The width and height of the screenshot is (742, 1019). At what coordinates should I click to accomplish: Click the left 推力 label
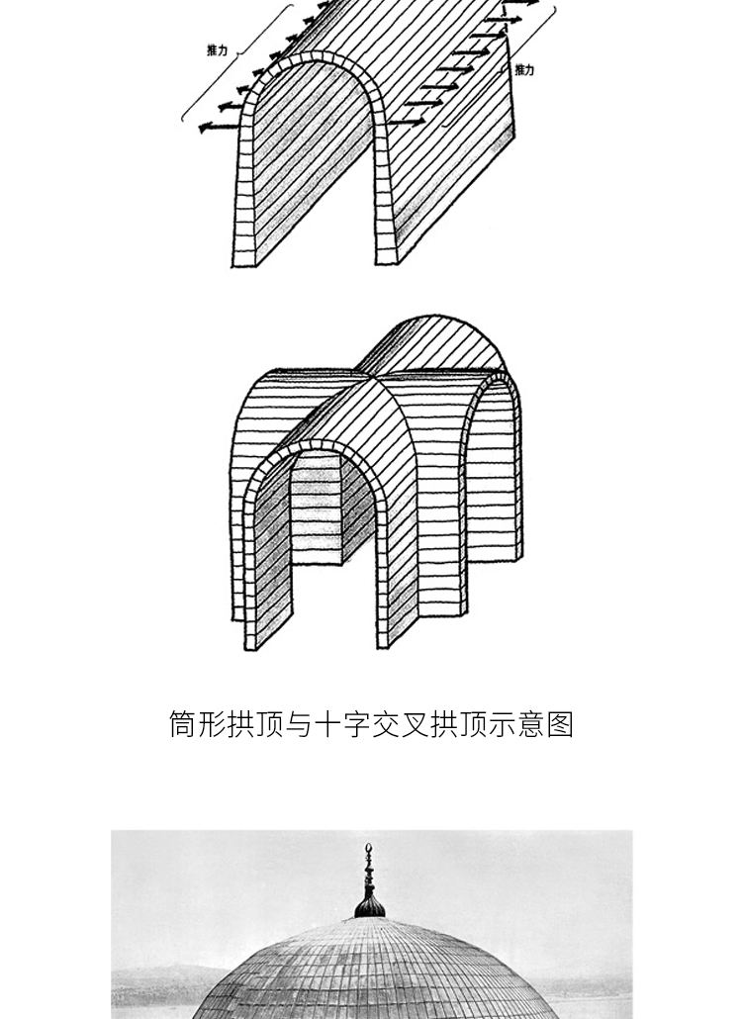click(218, 48)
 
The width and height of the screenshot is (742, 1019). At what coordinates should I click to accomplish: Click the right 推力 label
click(524, 70)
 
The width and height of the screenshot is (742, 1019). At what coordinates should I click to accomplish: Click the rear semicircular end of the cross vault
click(435, 341)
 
